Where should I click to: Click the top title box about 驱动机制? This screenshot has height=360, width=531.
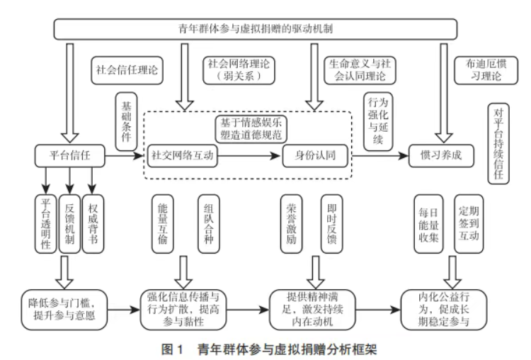point(256,29)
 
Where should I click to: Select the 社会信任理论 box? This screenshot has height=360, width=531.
point(127,70)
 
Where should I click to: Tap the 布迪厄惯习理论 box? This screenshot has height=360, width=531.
point(486,70)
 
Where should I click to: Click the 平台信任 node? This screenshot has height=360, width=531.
point(70,156)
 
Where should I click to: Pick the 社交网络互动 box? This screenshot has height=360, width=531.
point(182,156)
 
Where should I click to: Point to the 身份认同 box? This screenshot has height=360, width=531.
point(315,156)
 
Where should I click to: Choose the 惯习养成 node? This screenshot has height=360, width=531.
point(441,156)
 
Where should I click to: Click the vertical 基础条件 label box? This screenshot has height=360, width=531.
point(126,122)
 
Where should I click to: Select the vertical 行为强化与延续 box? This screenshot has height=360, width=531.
point(378,122)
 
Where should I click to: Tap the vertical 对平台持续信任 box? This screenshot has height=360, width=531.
point(498,144)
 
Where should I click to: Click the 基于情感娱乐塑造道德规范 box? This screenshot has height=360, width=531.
point(251,129)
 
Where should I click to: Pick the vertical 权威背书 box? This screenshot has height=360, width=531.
point(93,224)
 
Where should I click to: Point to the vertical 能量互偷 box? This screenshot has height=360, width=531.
point(163,224)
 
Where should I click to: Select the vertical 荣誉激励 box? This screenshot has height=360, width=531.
point(291,224)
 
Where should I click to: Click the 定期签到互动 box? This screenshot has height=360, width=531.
point(469,224)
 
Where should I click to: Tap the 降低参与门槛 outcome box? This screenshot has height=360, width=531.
point(64,310)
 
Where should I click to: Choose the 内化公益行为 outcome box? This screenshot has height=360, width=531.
point(444,310)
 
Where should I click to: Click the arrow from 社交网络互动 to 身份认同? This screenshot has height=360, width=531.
point(249,156)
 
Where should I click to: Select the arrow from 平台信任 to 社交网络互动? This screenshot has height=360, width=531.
point(124,156)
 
